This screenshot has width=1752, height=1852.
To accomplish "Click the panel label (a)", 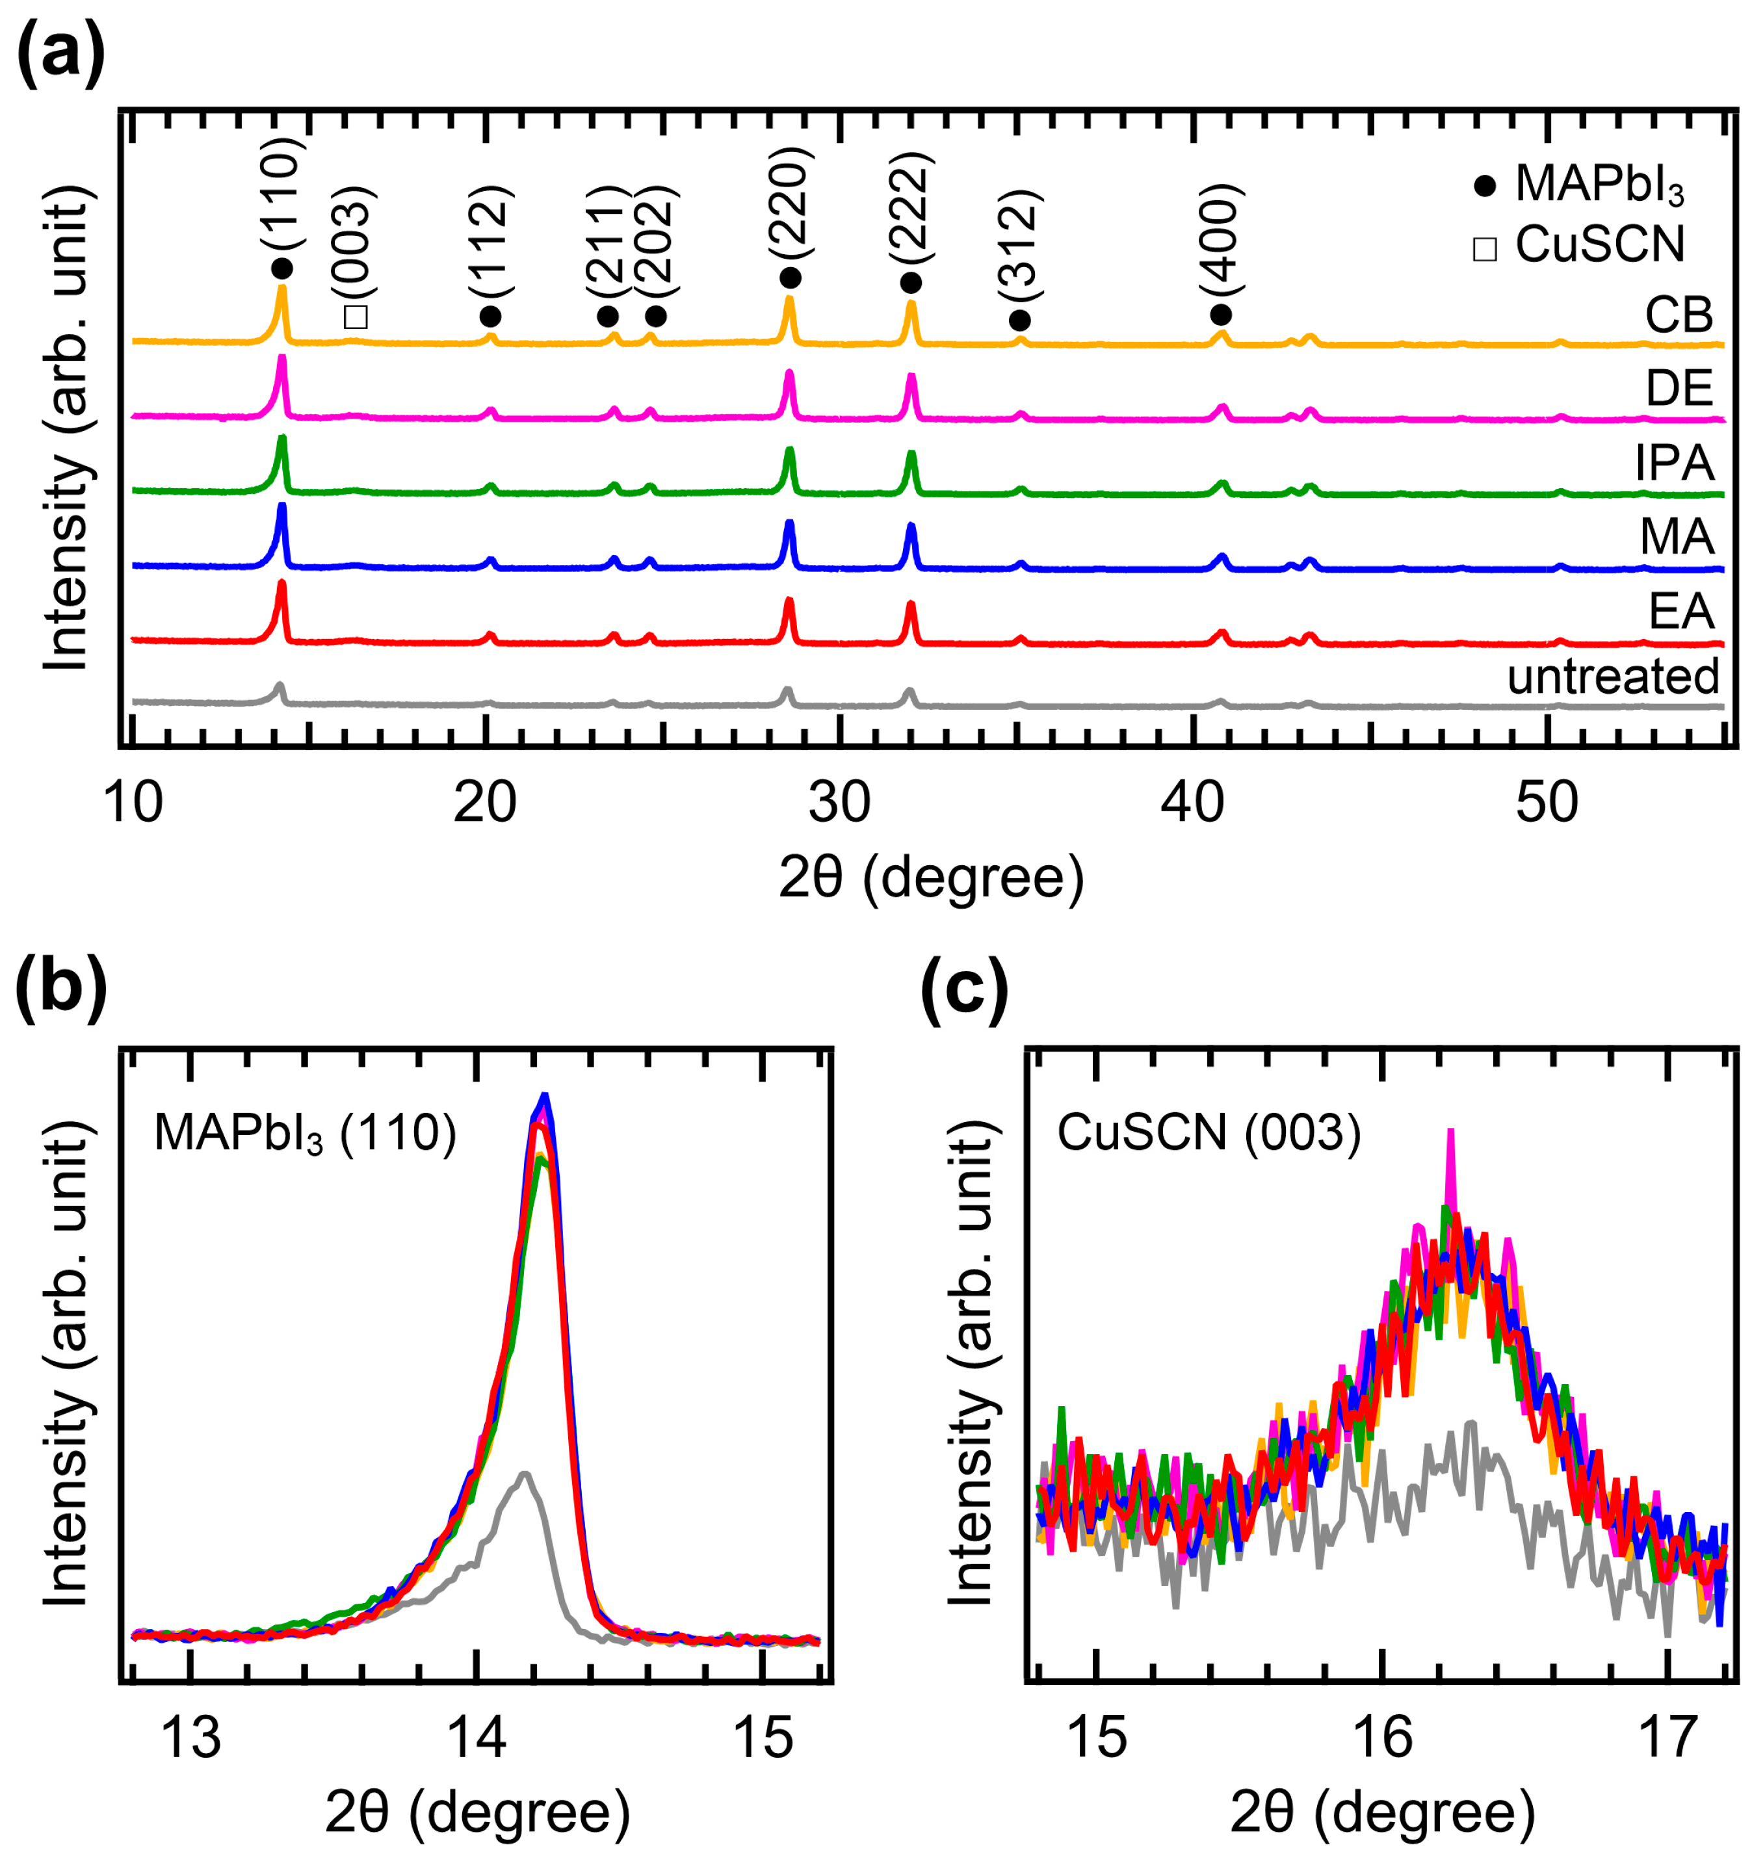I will (x=60, y=54).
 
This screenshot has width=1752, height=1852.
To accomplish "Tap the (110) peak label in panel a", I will (x=282, y=192).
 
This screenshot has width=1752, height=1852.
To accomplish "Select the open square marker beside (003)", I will (x=356, y=317).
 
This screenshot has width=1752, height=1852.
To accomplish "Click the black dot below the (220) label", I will (x=790, y=278).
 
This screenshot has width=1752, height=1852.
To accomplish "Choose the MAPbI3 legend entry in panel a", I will (x=1578, y=184).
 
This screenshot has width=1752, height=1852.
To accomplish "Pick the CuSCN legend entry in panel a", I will (x=1578, y=244).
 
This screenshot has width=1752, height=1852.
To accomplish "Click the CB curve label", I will (x=1679, y=316).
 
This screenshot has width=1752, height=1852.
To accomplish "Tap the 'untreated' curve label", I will (x=1613, y=676).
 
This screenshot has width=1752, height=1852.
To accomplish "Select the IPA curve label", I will (x=1675, y=462).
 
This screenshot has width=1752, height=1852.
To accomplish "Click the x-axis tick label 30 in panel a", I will (x=839, y=802).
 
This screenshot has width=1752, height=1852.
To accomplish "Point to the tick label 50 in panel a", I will (x=1547, y=802).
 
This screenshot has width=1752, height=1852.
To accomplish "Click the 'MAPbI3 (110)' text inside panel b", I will (x=304, y=1134).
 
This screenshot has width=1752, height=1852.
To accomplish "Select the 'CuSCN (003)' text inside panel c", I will (x=1209, y=1134).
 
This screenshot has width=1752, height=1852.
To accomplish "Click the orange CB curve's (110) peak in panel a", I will (x=282, y=289).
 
